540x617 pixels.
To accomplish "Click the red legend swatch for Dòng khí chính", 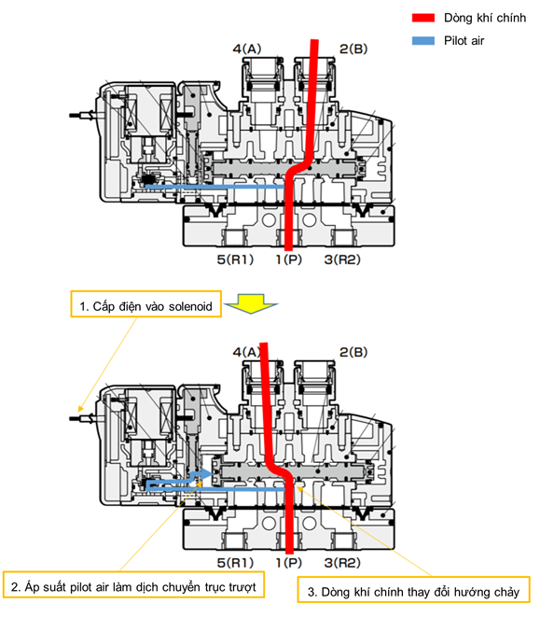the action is point(423,18).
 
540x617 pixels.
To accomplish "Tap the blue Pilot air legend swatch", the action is point(423,40).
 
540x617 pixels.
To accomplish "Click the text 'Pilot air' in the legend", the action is point(464,40).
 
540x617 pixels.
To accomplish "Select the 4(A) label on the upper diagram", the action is point(247,49).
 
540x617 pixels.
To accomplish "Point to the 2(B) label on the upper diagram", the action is point(353,49).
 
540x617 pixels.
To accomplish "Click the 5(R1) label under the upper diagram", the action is point(235,259).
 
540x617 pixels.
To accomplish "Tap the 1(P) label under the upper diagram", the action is point(289,259).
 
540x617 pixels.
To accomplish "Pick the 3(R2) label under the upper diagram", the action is point(342,259).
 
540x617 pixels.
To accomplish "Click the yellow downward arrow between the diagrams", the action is point(251,303).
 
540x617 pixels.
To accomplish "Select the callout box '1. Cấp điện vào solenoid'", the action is point(145,303).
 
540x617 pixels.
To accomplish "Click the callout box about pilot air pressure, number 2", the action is point(133,584).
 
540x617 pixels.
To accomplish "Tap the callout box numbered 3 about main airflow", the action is point(413,589).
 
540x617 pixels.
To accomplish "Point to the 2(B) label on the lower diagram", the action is point(353,352).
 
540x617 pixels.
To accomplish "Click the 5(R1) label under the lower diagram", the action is point(235,563).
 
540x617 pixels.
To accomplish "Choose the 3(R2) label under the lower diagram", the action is point(342,563).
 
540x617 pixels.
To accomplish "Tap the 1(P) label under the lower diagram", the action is point(289,563).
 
